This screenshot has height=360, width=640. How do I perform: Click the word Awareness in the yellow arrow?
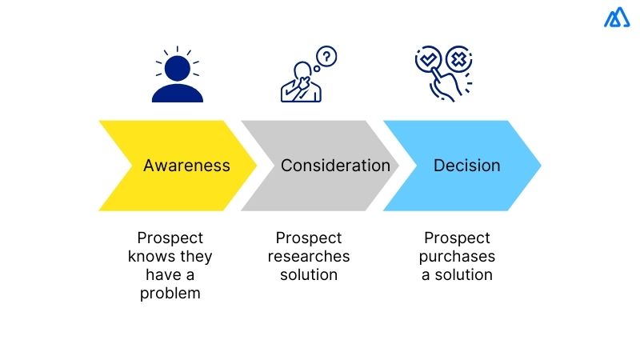[x=186, y=166]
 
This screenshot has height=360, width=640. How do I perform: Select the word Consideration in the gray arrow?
[x=335, y=166]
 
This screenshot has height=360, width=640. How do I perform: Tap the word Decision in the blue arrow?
[x=466, y=166]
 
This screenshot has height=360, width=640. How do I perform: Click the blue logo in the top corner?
[x=617, y=18]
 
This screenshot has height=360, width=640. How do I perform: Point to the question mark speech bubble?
[x=327, y=57]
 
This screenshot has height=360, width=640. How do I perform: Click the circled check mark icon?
[x=428, y=59]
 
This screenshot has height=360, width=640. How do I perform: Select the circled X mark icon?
[x=459, y=59]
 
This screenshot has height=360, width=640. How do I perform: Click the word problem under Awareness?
[x=170, y=293]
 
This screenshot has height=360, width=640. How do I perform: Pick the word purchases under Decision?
[x=458, y=256]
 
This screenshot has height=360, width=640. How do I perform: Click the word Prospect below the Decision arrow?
[x=457, y=238]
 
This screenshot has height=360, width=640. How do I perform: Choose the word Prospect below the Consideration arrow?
[x=309, y=238]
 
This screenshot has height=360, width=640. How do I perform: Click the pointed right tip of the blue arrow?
[x=539, y=166]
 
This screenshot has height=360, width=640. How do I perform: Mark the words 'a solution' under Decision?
[x=458, y=274]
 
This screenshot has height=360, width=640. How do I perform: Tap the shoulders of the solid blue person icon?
[x=178, y=94]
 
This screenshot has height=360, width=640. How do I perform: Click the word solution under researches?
[x=309, y=274]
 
